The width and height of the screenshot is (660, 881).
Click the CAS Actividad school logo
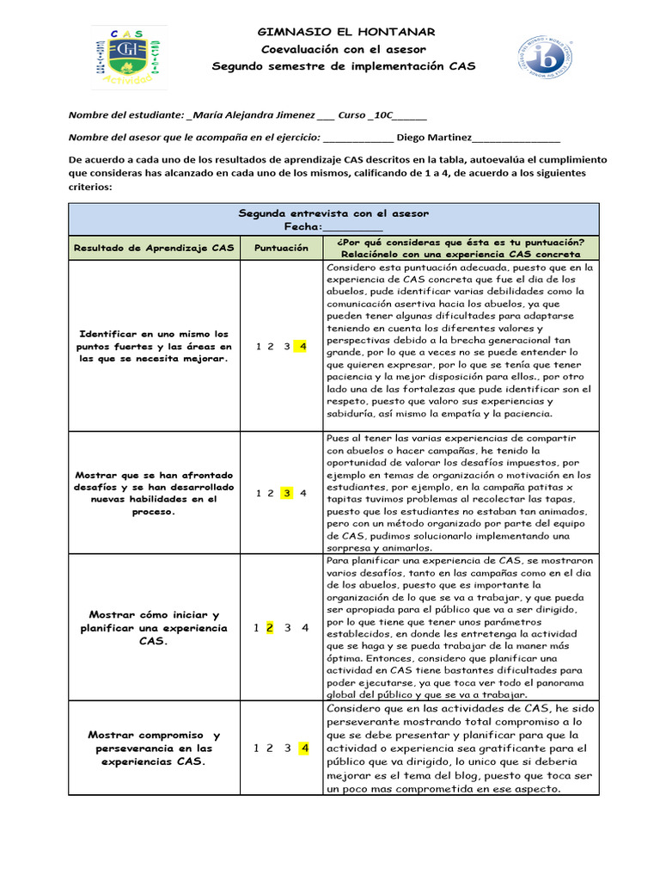(x=130, y=58)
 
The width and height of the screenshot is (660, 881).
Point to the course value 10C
(x=382, y=115)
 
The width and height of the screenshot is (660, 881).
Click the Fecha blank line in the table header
(x=353, y=226)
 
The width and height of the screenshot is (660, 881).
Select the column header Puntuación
(x=281, y=248)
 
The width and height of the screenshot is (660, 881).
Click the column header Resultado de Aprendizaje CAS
(x=153, y=248)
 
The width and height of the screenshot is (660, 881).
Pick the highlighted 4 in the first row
(x=302, y=347)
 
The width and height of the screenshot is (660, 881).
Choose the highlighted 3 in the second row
(x=287, y=493)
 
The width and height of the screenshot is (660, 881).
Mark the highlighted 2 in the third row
(x=270, y=627)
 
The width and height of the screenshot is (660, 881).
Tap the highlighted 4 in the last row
(x=303, y=748)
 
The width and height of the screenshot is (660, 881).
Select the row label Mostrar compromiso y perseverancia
(x=153, y=748)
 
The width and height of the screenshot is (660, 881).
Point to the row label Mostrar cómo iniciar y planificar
(x=153, y=627)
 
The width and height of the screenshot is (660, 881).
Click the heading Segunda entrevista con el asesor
(x=333, y=213)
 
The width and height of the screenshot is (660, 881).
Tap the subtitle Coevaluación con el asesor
(x=343, y=49)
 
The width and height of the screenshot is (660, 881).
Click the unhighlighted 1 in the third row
(x=256, y=627)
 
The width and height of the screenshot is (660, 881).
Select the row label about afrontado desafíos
(x=153, y=493)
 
